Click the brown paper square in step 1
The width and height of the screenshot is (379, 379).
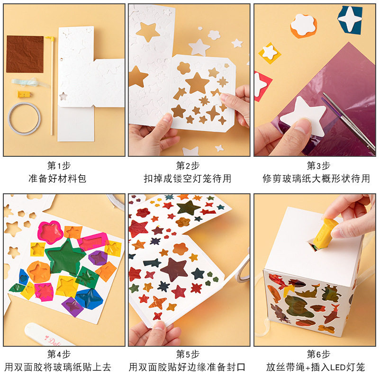[25, 54]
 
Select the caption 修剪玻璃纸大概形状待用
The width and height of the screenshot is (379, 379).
[316, 179]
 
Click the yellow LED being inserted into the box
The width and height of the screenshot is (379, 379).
[325, 233]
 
